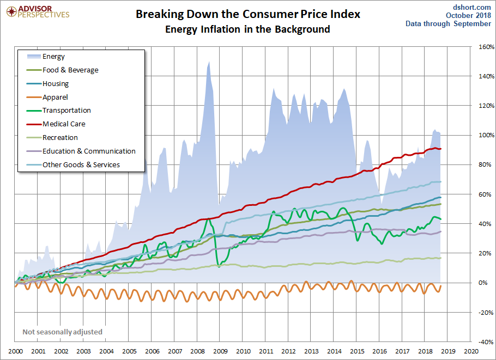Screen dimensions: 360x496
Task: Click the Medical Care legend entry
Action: pyautogui.click(x=64, y=124)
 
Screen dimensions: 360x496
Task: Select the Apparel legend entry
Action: pyautogui.click(x=55, y=97)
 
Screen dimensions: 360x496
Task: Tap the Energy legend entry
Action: pyautogui.click(x=53, y=57)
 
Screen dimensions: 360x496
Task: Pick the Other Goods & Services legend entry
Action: pyautogui.click(x=81, y=165)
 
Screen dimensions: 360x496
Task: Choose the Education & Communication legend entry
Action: pyautogui.click(x=89, y=151)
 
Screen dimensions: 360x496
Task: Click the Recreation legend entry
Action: pyautogui.click(x=60, y=138)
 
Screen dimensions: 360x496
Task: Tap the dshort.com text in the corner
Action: pyautogui.click(x=472, y=7)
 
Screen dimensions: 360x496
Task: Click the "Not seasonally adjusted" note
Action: pyautogui.click(x=62, y=332)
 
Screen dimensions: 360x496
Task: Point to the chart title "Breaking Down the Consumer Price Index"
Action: pyautogui.click(x=248, y=14)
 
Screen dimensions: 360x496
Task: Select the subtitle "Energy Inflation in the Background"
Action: pyautogui.click(x=248, y=29)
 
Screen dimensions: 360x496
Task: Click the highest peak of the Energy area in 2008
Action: pyautogui.click(x=209, y=62)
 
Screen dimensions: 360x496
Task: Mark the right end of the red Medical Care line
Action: pyautogui.click(x=440, y=149)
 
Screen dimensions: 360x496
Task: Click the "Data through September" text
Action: pyautogui.click(x=448, y=23)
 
